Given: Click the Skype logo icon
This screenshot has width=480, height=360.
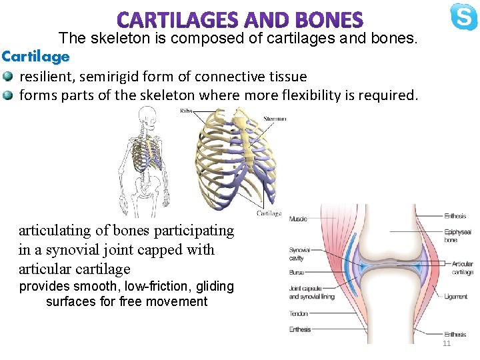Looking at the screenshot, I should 463,17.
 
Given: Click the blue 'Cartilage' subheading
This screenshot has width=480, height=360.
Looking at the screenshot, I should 35,57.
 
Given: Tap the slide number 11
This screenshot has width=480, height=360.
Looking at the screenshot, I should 447,343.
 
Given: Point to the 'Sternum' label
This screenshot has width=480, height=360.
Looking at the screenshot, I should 275,119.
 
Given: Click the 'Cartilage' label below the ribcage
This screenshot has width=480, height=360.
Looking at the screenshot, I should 269,213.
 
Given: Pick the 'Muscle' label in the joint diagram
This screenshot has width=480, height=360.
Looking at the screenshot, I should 298,218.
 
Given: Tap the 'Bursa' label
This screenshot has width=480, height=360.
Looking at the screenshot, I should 296,272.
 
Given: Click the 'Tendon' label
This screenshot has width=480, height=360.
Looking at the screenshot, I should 299,313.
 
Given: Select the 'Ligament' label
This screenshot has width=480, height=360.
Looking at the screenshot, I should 456,297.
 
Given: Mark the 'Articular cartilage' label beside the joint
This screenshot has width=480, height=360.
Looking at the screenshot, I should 462,268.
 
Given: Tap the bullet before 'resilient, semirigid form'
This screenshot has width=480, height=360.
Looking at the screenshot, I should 7,77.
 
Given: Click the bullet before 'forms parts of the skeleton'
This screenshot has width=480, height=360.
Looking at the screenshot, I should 7,95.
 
